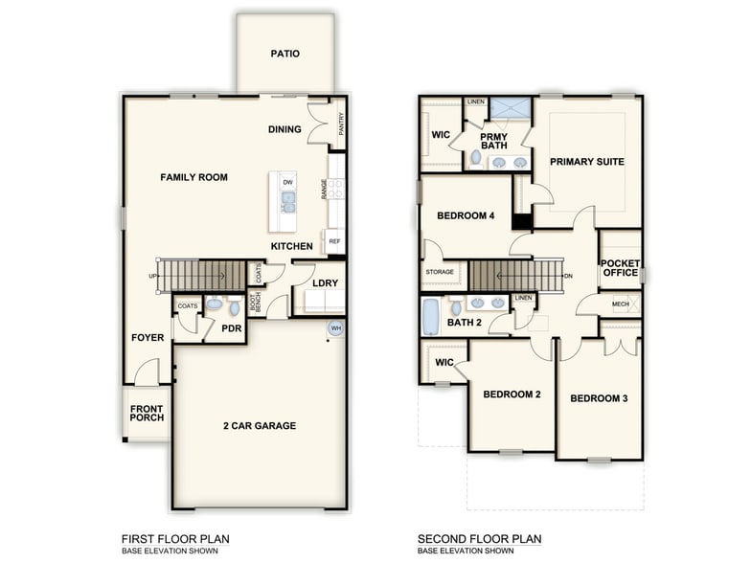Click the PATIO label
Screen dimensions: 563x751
284,54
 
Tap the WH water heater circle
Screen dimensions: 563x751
336,328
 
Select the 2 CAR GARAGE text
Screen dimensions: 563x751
260,425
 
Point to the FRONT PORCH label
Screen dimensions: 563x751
148,413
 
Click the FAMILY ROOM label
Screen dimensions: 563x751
193,177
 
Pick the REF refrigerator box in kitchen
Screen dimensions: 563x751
334,240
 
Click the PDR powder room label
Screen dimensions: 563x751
231,327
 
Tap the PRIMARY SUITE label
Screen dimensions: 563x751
586,162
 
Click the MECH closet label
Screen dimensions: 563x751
621,304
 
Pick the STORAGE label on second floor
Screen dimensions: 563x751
440,272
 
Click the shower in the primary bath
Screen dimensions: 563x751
511,107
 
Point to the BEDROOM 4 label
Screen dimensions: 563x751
466,215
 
